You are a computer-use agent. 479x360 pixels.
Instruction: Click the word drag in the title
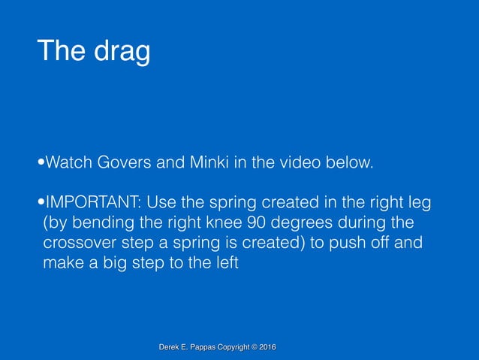pos(119,52)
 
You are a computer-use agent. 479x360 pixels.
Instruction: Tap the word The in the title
pos(62,51)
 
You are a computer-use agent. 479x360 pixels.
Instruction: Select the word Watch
pos(68,162)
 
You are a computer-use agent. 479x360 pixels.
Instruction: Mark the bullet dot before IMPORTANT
pos(41,204)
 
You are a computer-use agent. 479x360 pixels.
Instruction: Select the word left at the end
pos(224,264)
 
